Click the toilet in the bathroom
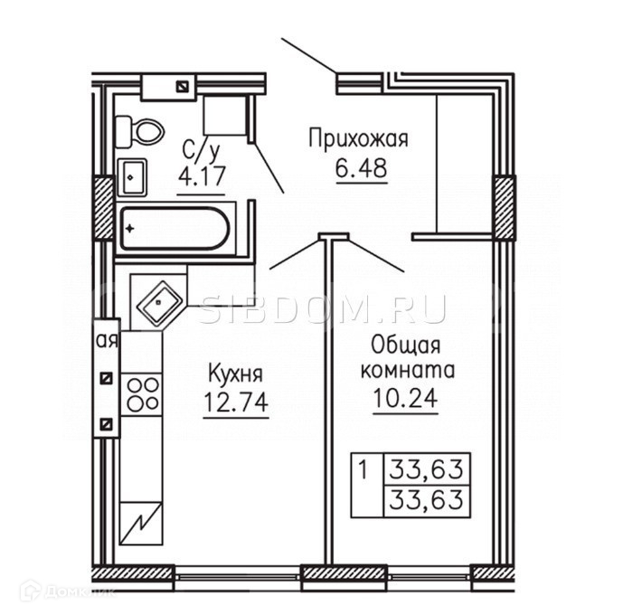click(145, 132)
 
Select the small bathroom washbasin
click(133, 175)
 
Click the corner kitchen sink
click(161, 300)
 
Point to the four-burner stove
click(142, 394)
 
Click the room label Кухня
click(235, 373)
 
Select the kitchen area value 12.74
click(236, 402)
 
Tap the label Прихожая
click(358, 138)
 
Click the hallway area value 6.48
click(362, 168)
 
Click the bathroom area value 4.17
click(200, 175)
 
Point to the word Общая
click(404, 345)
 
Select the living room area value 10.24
click(405, 397)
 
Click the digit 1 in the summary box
click(363, 470)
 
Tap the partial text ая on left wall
click(108, 341)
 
